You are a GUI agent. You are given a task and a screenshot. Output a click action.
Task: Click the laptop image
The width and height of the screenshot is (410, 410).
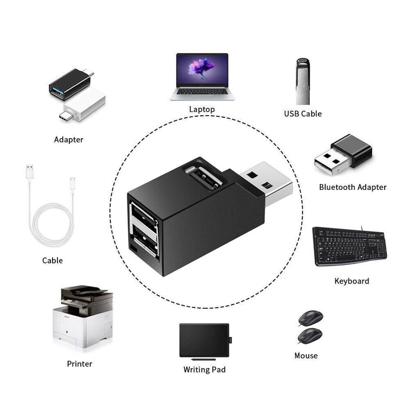pos(202,77)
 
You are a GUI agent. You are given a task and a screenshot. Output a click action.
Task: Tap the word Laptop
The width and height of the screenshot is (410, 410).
pos(202,109)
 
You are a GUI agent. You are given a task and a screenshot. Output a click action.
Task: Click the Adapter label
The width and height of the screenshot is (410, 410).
pos(68,140)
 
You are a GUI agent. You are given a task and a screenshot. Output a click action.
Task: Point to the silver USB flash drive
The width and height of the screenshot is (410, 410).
pos(303,82)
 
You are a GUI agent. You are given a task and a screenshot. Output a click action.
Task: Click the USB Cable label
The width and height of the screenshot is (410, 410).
pos(303,114)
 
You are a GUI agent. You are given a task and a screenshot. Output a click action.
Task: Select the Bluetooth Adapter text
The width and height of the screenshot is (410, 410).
pos(353,187)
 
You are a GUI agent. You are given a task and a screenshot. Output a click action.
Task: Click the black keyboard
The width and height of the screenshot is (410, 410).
pos(350,246)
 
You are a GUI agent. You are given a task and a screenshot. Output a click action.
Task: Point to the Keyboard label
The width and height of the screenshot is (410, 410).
pos(352,281)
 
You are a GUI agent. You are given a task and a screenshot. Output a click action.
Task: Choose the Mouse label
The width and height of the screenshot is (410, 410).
pos(306,356)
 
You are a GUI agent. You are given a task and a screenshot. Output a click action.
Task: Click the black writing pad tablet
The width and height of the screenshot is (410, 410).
pos(204,340)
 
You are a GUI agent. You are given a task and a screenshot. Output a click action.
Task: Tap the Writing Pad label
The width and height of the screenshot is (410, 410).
pos(204,369)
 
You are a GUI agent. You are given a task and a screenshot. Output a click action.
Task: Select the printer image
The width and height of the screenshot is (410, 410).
pos(83,317)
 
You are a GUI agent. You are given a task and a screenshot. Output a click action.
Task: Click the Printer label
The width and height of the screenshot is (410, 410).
pos(79,364)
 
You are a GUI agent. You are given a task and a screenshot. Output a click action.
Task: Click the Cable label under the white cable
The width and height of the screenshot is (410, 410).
pos(52,260)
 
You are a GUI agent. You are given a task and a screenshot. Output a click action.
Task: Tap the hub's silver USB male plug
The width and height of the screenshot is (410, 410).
pos(267,183)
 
